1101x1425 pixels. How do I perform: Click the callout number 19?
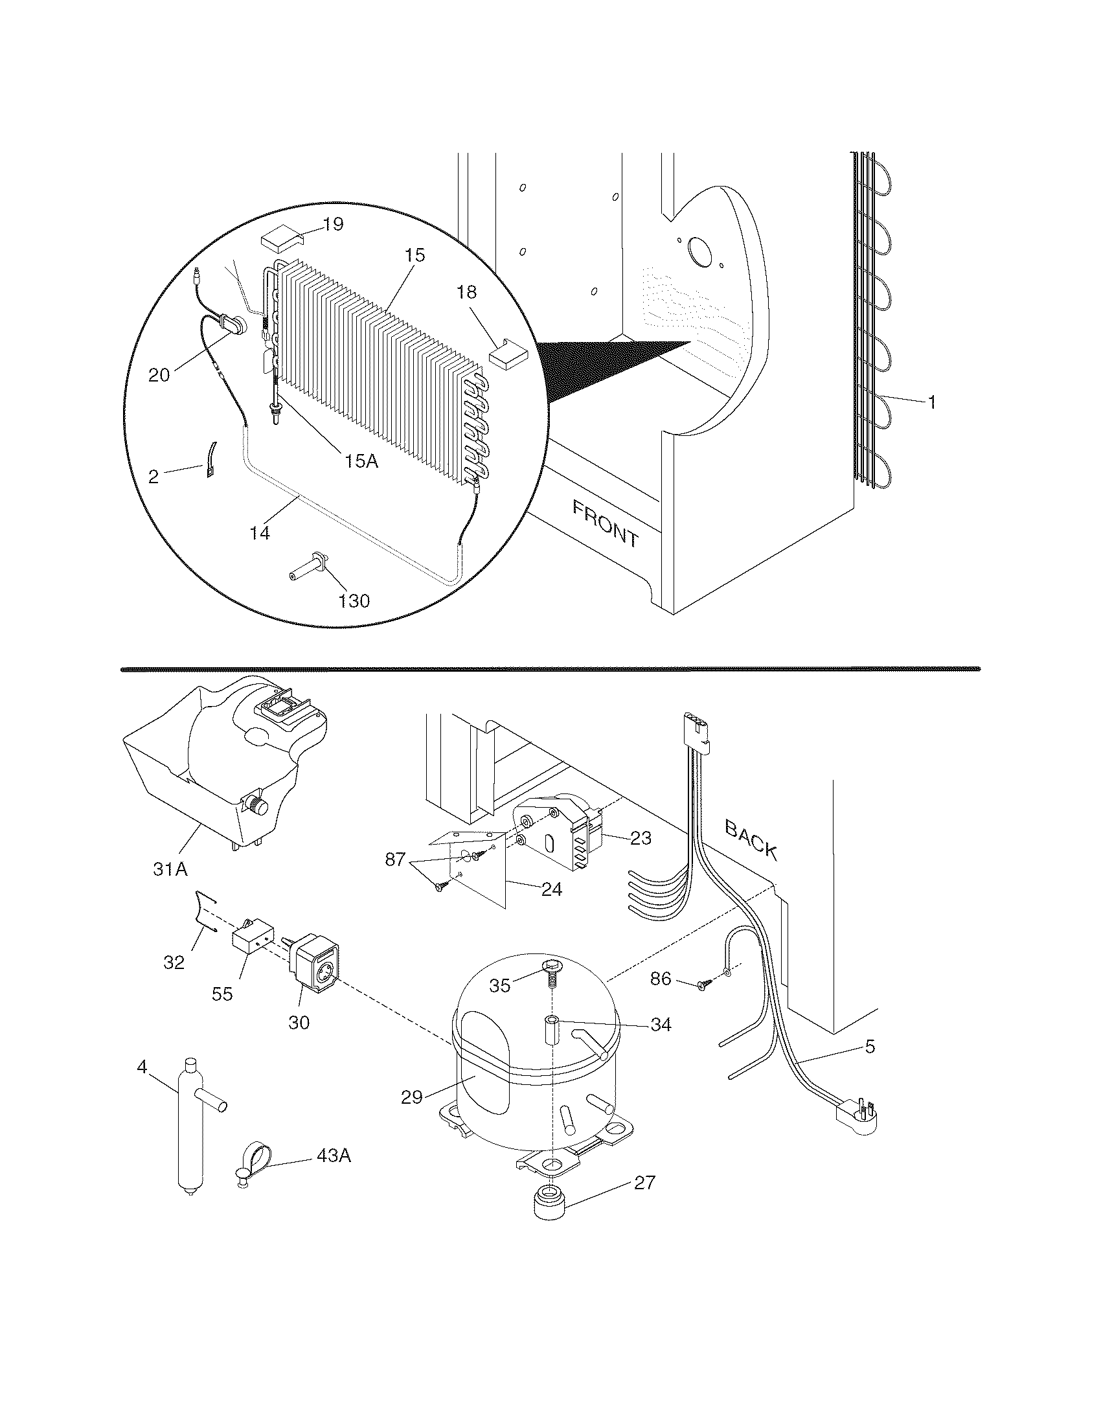(333, 225)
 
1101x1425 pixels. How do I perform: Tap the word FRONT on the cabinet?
(606, 522)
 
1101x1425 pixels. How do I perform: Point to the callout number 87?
(395, 860)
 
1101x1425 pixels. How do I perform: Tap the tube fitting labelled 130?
(308, 565)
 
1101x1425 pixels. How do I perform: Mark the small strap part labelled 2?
(210, 459)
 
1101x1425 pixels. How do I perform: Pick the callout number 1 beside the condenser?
(931, 403)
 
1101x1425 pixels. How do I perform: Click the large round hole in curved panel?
(701, 251)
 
